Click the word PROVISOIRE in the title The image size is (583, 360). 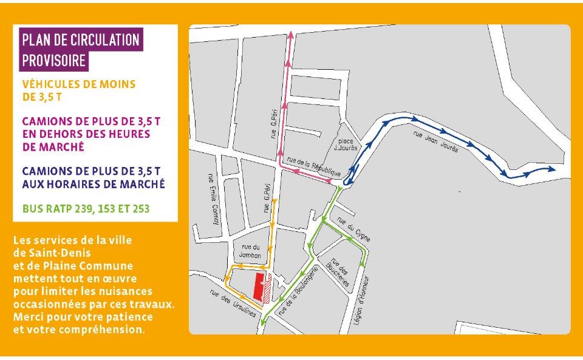pos(53,61)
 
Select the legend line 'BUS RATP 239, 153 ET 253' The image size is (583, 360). pos(86,209)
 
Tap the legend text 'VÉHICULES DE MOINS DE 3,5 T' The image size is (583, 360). pos(79,90)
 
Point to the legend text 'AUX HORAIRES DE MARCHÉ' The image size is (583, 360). pos(93,184)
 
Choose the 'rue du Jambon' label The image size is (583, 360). pos(248,251)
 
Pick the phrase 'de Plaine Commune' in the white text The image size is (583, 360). pos(73,265)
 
